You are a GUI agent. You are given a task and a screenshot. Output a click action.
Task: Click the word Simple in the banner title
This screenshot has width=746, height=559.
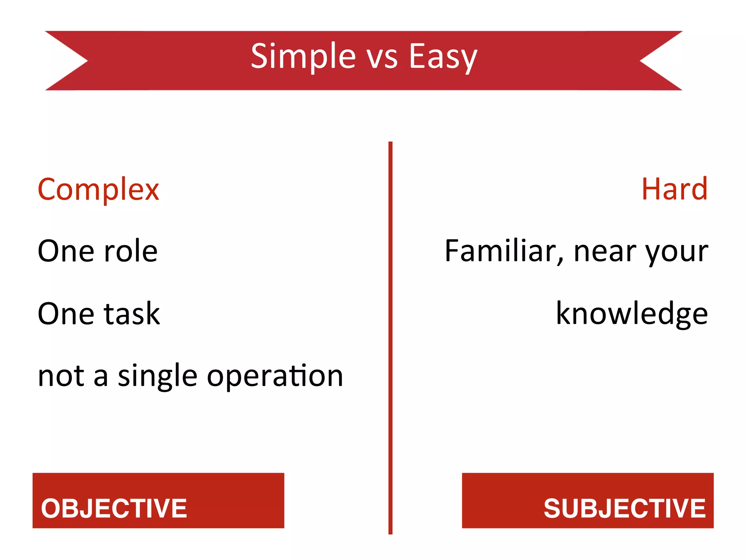tap(303, 56)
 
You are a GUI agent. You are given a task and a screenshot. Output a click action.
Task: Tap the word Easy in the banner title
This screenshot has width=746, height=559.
tap(443, 56)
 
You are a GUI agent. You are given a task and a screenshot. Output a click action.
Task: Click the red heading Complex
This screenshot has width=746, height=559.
tap(98, 190)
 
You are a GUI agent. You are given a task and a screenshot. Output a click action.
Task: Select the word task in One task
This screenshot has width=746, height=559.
tap(132, 314)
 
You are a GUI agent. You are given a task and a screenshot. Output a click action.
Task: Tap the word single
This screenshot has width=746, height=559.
tap(157, 377)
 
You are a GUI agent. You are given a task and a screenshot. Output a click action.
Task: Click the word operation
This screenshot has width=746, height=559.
tap(275, 377)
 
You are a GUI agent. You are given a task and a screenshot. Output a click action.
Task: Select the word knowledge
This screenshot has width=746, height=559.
tap(632, 314)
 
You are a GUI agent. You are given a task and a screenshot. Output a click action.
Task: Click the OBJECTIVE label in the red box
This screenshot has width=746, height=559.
tap(114, 508)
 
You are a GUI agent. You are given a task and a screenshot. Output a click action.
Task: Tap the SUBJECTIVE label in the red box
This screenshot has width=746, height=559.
tap(624, 508)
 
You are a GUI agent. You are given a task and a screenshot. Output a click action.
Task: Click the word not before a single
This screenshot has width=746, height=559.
tap(61, 377)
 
